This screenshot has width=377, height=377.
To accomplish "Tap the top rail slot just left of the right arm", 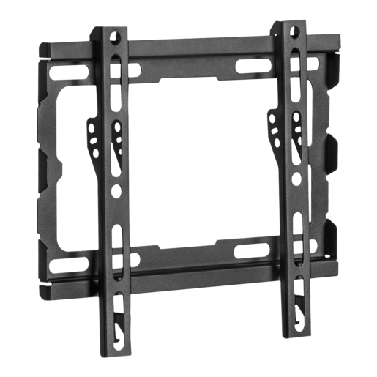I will point(251,64).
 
